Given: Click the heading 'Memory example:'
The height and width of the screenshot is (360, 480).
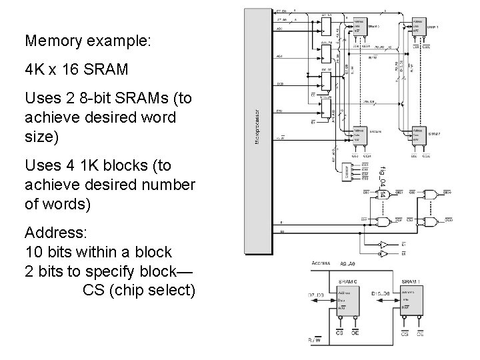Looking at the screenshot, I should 89,41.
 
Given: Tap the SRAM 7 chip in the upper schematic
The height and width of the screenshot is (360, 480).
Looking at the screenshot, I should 418,137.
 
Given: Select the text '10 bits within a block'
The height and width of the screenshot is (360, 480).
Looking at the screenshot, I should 98,253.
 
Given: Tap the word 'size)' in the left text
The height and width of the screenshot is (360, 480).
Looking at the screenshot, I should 41,137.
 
